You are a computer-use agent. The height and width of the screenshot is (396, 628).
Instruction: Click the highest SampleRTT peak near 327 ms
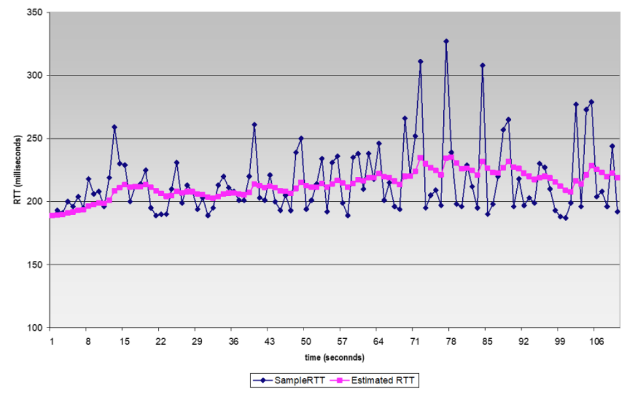pyautogui.click(x=446, y=41)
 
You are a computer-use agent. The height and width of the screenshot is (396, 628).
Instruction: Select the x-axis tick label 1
pyautogui.click(x=51, y=341)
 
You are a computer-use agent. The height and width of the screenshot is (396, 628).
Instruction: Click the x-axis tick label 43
pyautogui.click(x=269, y=341)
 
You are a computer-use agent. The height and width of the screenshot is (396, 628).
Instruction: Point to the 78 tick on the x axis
pyautogui.click(x=451, y=341)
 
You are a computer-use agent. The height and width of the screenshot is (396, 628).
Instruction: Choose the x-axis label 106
pyautogui.click(x=596, y=341)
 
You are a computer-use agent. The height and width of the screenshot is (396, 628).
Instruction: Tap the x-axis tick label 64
pyautogui.click(x=378, y=341)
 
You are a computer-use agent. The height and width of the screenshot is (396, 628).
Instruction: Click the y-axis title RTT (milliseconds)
pyautogui.click(x=16, y=170)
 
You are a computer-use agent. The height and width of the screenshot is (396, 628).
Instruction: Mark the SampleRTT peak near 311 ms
pyautogui.click(x=420, y=62)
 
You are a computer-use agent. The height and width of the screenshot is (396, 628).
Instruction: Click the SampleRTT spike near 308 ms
pyautogui.click(x=483, y=65)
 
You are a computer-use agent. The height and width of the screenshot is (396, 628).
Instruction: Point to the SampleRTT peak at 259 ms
pyautogui.click(x=114, y=127)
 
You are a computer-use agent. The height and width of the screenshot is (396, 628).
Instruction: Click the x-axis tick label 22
pyautogui.click(x=161, y=341)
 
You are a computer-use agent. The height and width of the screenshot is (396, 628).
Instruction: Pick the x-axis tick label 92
pyautogui.click(x=524, y=341)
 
